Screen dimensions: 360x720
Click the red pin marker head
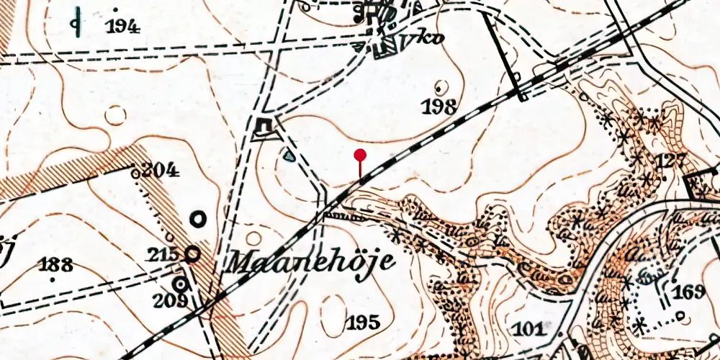click(360, 154)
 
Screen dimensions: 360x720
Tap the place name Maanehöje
click(311, 261)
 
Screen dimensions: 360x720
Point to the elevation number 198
click(441, 108)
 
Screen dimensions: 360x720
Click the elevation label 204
click(160, 171)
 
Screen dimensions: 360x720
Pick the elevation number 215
click(165, 254)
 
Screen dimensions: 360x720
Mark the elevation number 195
click(362, 322)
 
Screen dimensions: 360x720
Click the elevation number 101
click(531, 329)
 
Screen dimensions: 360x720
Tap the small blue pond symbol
click(289, 154)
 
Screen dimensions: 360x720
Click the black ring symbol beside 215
click(192, 253)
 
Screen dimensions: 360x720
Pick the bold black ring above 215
click(198, 217)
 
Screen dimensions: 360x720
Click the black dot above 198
click(440, 88)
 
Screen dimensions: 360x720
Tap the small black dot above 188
click(51, 275)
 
